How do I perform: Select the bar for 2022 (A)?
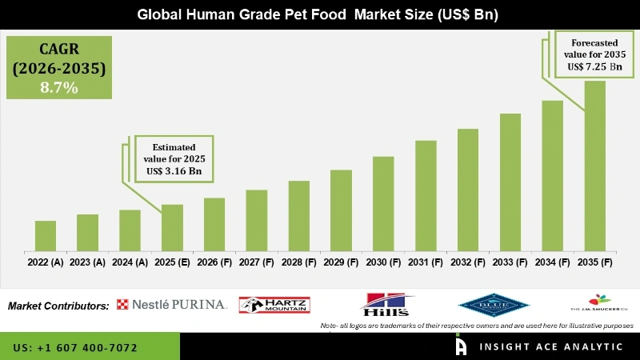(x=46, y=236)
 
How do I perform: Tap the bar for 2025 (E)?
(x=172, y=228)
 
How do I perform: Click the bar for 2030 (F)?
(x=383, y=203)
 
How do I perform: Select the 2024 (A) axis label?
(x=130, y=262)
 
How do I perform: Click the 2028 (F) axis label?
(x=299, y=262)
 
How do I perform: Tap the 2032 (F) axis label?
(x=468, y=262)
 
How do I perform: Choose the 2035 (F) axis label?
(x=595, y=262)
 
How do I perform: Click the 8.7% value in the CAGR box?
(x=58, y=88)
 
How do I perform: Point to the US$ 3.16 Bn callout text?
(x=174, y=170)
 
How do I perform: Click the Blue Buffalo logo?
(x=494, y=304)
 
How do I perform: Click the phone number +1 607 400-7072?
(x=75, y=348)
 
